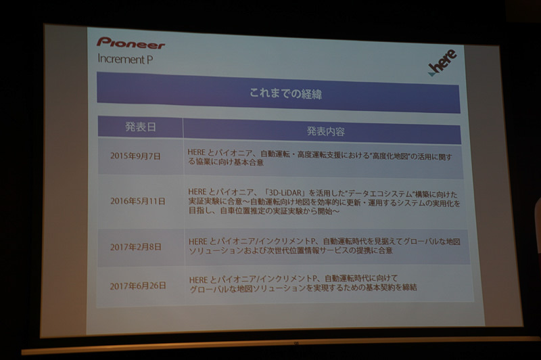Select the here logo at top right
(x=444, y=62)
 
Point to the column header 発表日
(x=139, y=127)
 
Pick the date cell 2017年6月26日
(x=138, y=286)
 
